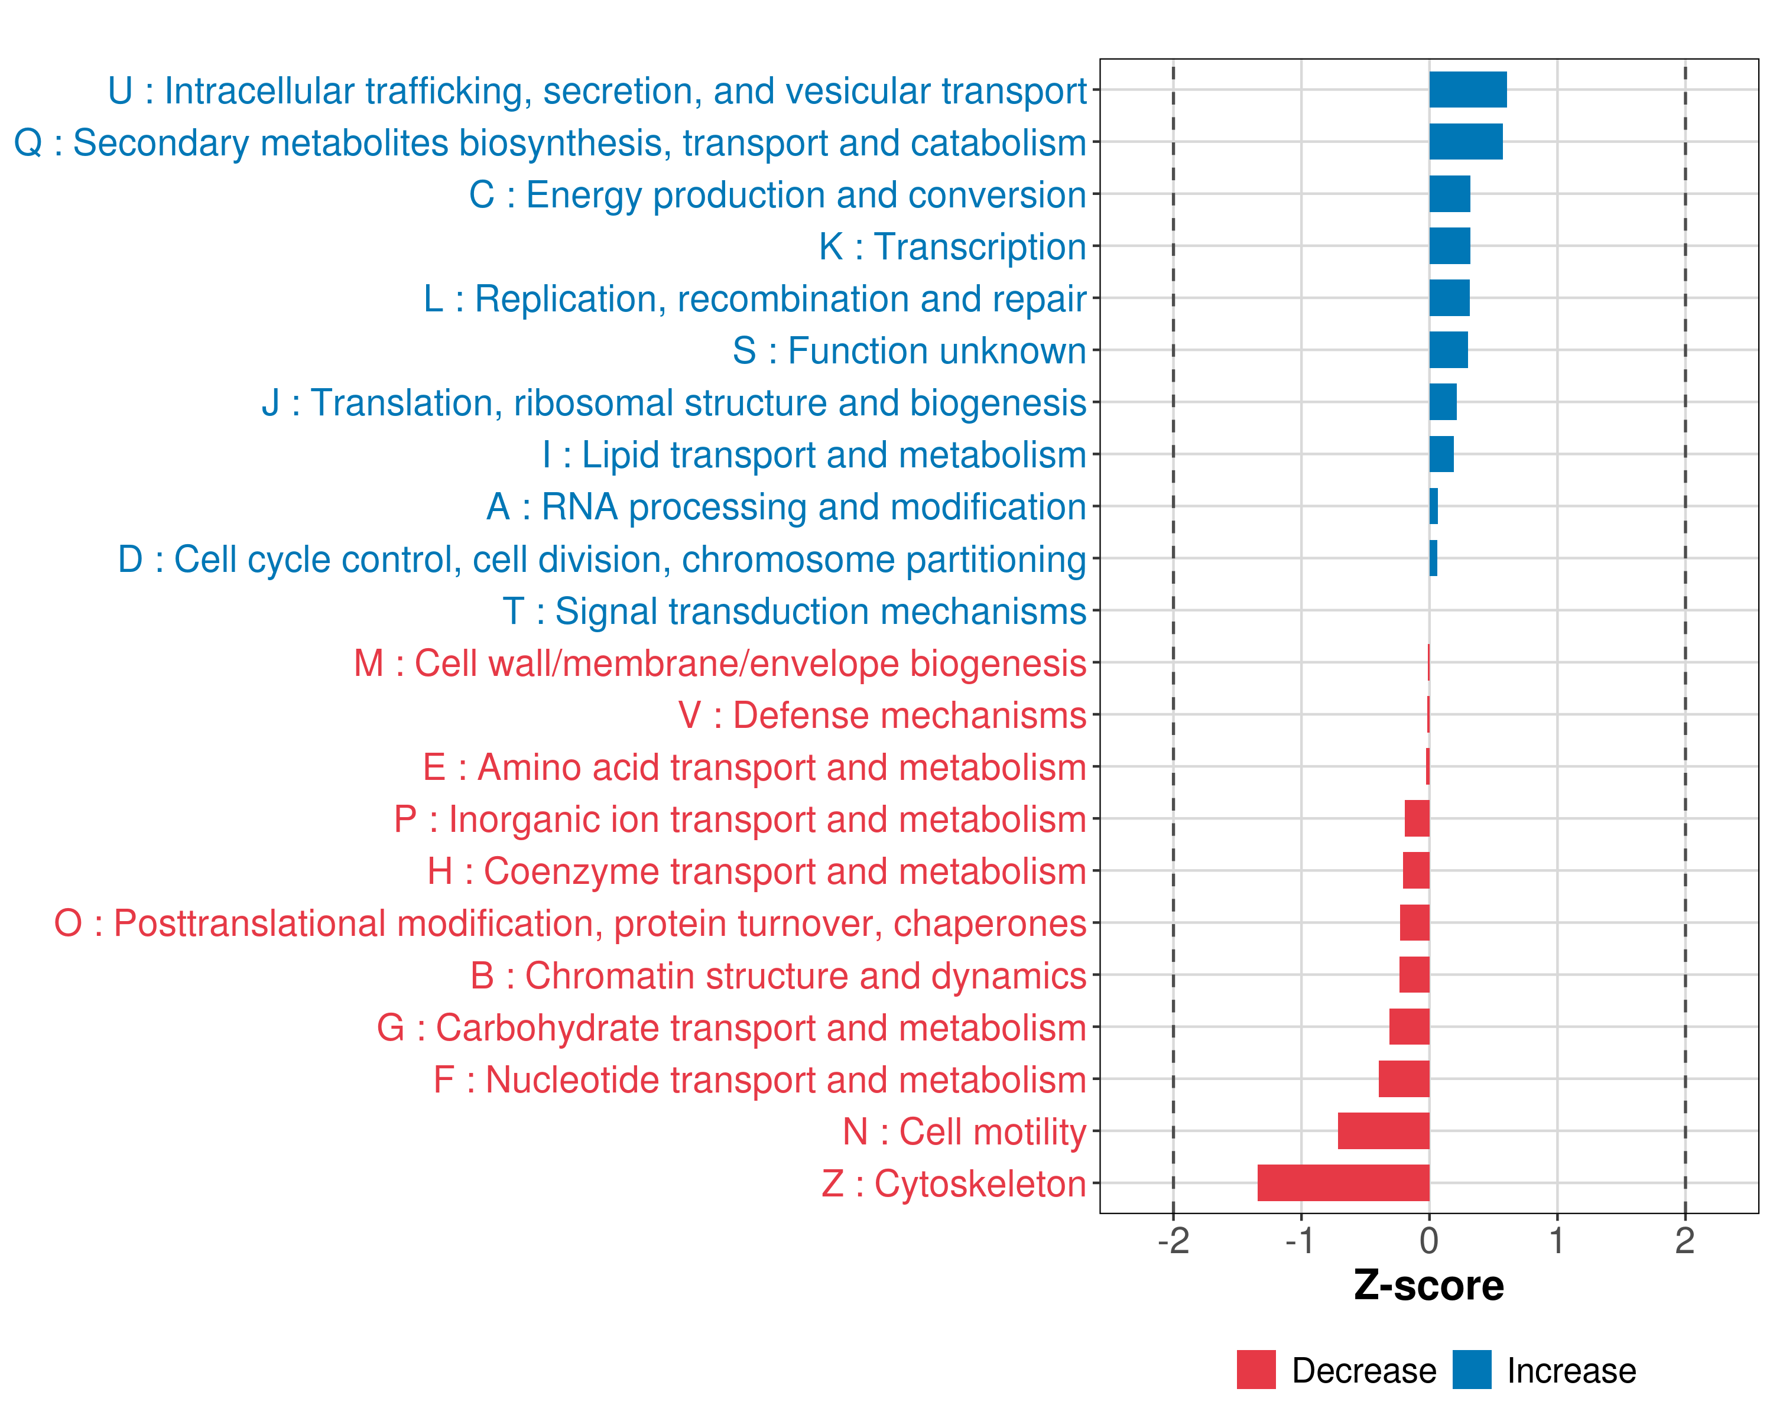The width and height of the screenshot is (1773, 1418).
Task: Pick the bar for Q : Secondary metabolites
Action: click(1466, 141)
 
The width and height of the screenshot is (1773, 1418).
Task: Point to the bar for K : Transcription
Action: click(1449, 246)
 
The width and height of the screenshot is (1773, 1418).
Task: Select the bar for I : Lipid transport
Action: click(1441, 454)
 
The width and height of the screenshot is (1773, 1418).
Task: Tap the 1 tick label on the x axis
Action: click(1556, 1240)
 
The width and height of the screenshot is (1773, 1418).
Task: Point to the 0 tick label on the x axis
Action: click(1428, 1240)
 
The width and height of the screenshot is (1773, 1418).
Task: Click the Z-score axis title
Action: click(1428, 1286)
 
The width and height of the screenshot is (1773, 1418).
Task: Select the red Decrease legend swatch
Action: click(1256, 1370)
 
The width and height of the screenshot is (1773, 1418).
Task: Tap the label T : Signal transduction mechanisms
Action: click(794, 611)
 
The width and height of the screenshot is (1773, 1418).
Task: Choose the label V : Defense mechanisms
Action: click(882, 715)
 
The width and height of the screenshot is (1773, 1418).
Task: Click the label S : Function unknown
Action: click(909, 351)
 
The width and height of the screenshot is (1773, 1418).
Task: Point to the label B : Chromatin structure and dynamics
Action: click(778, 975)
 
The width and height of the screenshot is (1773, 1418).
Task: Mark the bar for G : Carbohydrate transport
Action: click(1409, 1027)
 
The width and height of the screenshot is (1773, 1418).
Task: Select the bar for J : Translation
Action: click(1443, 402)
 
